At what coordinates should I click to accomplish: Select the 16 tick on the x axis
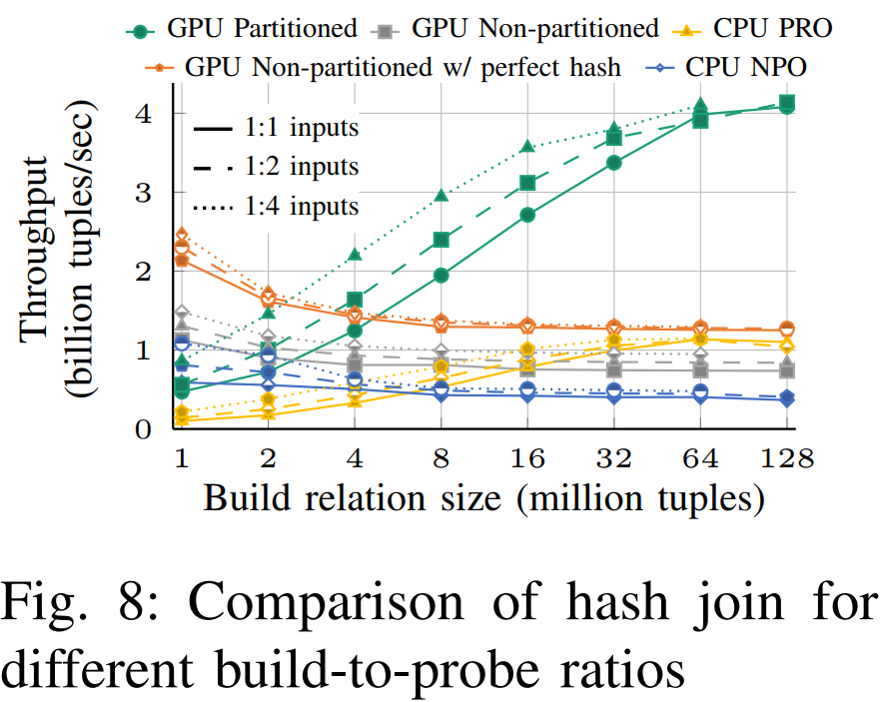tap(527, 459)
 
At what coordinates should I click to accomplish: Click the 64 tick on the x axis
tap(700, 459)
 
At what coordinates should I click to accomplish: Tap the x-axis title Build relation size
tap(484, 499)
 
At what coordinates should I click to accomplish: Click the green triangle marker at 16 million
tap(527, 148)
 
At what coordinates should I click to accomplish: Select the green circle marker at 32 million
tap(614, 163)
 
